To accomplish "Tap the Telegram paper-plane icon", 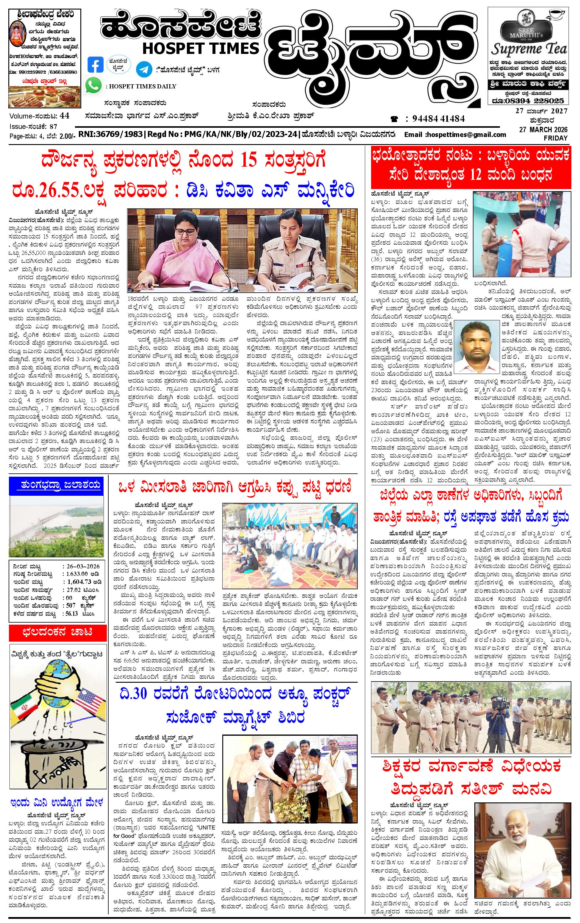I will coord(144,69).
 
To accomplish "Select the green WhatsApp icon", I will coord(93,85).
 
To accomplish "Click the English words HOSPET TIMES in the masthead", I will coord(200,48).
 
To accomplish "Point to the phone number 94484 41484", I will coord(438,119).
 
